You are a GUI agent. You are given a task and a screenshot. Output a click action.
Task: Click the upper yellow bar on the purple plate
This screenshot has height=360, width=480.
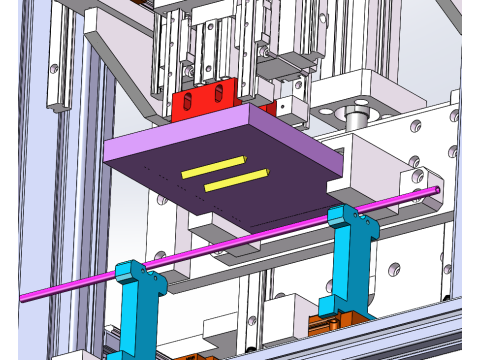tap(213, 166)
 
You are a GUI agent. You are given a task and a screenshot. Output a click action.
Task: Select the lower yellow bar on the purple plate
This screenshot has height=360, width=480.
tap(236, 180)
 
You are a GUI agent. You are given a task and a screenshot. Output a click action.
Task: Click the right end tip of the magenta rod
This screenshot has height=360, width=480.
tap(436, 189)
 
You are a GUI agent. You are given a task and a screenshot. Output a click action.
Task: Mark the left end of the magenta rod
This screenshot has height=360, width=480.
tap(24, 298)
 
